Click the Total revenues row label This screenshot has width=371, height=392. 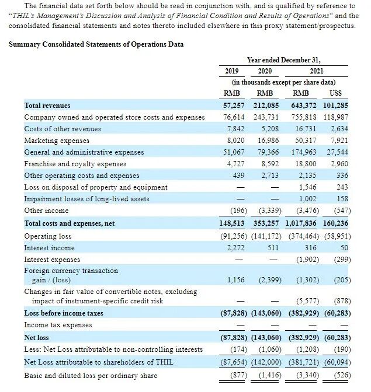(47, 106)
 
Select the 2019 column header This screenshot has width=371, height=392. (232, 71)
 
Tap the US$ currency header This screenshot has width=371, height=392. (338, 93)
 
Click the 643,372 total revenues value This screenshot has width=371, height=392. (301, 106)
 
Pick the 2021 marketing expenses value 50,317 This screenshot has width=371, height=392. (303, 141)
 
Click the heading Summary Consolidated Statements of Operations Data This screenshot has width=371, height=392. (96, 44)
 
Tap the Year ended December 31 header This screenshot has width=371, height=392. (284, 60)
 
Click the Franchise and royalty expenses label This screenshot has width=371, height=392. (75, 164)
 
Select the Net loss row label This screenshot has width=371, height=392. (37, 337)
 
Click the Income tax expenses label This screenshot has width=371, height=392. (58, 325)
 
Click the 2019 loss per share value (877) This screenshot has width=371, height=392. (233, 376)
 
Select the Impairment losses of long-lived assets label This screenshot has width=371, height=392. (86, 199)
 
